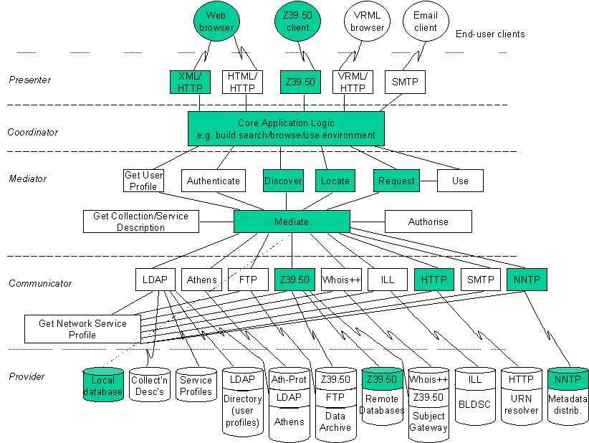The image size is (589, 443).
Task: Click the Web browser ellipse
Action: tap(216, 21)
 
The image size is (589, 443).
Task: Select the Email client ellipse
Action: tap(426, 21)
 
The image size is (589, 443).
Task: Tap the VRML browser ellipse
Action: tap(367, 21)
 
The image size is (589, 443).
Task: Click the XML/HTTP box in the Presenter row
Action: tap(190, 82)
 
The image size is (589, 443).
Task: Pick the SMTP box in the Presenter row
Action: tap(405, 82)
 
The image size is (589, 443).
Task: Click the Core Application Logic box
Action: tap(286, 128)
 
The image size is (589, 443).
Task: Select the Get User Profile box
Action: tap(143, 181)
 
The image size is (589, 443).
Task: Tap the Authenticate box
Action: tap(214, 181)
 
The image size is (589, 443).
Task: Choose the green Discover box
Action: tap(283, 181)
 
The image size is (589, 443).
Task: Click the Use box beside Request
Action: tap(460, 181)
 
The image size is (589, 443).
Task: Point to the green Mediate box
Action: tap(292, 221)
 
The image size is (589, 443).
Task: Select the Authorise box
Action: tap(428, 221)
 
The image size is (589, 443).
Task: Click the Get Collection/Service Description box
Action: tap(141, 221)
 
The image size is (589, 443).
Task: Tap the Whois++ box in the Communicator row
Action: tap(342, 280)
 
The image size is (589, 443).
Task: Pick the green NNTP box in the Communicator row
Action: tap(527, 280)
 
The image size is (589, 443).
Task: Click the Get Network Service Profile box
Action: tap(82, 329)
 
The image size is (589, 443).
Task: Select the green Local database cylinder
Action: tap(103, 384)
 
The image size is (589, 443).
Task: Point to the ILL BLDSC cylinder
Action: tap(475, 396)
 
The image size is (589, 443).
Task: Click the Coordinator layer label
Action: tap(33, 133)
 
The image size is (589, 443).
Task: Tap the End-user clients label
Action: tap(490, 34)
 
